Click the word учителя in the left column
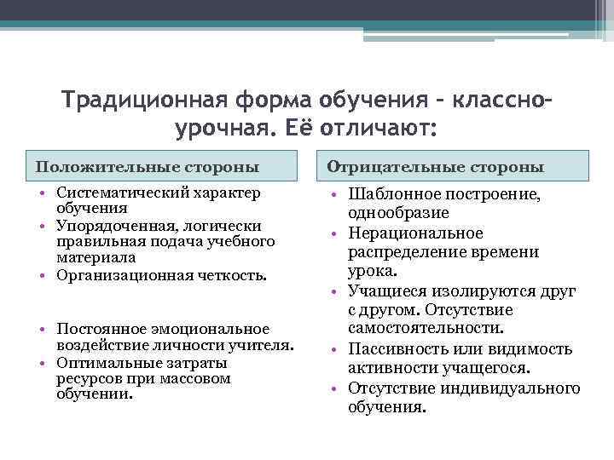point(266,345)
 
